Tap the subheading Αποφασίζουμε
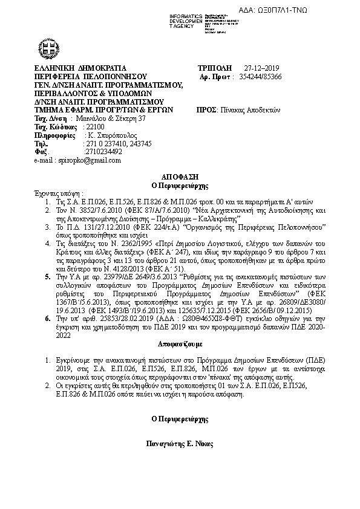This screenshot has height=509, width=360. click(x=180, y=349)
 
